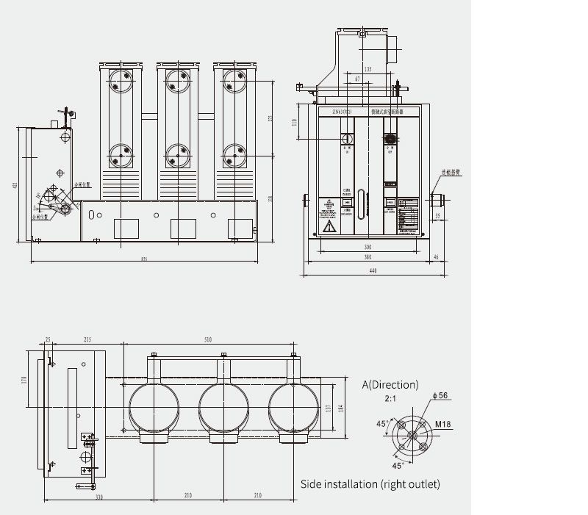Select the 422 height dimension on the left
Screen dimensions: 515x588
(15, 185)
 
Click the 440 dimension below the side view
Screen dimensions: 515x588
(373, 272)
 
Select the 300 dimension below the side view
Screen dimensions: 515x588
(367, 248)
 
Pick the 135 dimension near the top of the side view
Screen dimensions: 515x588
(367, 69)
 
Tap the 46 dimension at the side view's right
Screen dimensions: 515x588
(435, 257)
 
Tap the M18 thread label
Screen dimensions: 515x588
(443, 423)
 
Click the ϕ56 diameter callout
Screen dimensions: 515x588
(441, 396)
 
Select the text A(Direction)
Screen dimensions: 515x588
(390, 384)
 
